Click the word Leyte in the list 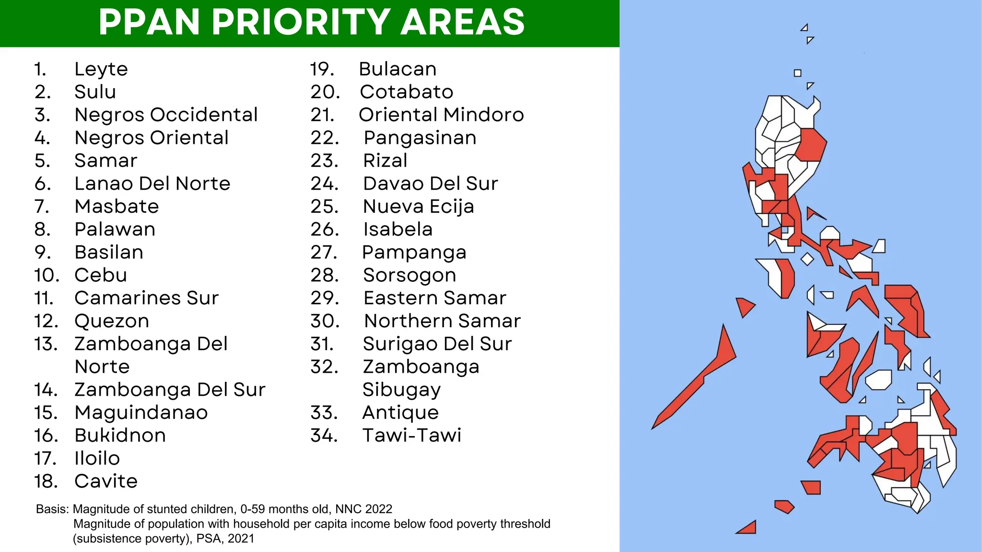(x=101, y=69)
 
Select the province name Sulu (x=95, y=92)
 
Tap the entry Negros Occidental (x=166, y=115)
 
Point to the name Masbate (x=117, y=207)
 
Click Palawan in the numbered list (x=115, y=230)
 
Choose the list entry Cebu (x=101, y=275)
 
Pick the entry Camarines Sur (x=146, y=298)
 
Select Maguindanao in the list (x=141, y=413)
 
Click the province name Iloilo (x=97, y=459)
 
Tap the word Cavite (x=106, y=481)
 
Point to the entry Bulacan (x=397, y=69)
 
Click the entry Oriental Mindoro (x=441, y=115)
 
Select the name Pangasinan (x=420, y=138)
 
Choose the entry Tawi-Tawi (x=411, y=436)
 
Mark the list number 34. (x=324, y=436)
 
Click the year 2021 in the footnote (x=241, y=539)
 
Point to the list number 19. (x=322, y=69)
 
